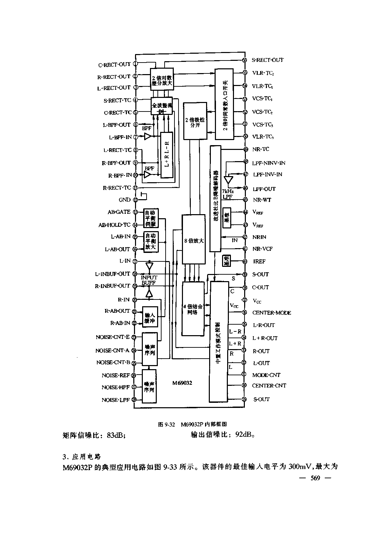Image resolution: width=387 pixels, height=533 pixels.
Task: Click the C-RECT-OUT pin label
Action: click(x=114, y=64)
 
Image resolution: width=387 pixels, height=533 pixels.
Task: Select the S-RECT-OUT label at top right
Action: click(x=267, y=60)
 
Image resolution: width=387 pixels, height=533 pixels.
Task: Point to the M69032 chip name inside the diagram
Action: click(x=182, y=383)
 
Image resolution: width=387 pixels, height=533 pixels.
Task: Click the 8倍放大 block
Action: click(x=194, y=240)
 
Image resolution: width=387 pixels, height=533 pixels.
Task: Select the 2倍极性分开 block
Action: click(x=195, y=121)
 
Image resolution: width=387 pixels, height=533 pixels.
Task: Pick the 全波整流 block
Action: click(x=162, y=106)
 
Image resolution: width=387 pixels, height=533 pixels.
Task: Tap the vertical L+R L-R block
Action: click(x=167, y=155)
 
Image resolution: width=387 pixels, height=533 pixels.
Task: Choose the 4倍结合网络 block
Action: click(x=193, y=309)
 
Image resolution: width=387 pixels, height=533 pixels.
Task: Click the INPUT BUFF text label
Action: click(x=149, y=280)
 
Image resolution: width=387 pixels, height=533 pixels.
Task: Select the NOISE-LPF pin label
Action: click(x=116, y=400)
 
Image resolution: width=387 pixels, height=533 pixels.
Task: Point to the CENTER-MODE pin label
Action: click(x=271, y=313)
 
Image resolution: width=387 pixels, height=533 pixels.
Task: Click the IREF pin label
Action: click(x=259, y=261)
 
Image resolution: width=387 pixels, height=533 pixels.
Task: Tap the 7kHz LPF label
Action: click(x=228, y=194)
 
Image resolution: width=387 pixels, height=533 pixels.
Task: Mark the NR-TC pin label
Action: click(x=261, y=149)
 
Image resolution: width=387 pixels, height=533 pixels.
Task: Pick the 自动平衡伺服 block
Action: click(x=150, y=218)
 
